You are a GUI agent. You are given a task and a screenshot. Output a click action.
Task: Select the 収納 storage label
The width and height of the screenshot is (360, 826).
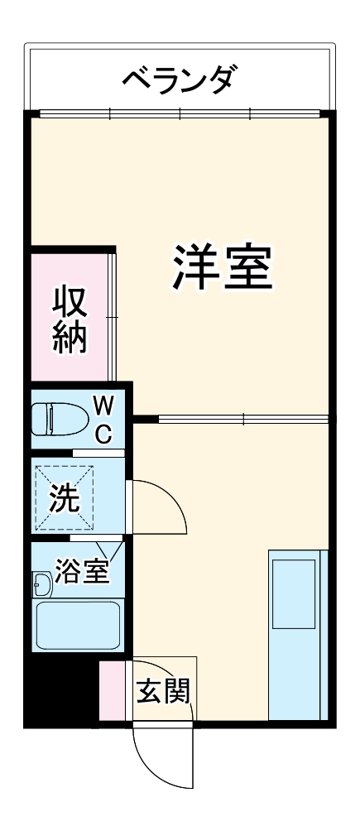click(x=69, y=319)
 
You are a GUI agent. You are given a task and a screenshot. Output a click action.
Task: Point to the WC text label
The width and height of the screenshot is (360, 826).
click(x=103, y=419)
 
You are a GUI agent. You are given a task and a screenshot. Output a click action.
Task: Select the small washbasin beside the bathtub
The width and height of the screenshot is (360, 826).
click(x=42, y=585)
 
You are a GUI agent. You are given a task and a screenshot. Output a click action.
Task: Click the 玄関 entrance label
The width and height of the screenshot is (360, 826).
click(x=162, y=689)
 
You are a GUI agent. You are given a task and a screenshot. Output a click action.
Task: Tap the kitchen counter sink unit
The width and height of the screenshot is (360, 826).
click(x=296, y=633)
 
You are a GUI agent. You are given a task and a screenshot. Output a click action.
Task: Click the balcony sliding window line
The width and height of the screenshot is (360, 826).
click(x=180, y=113)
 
